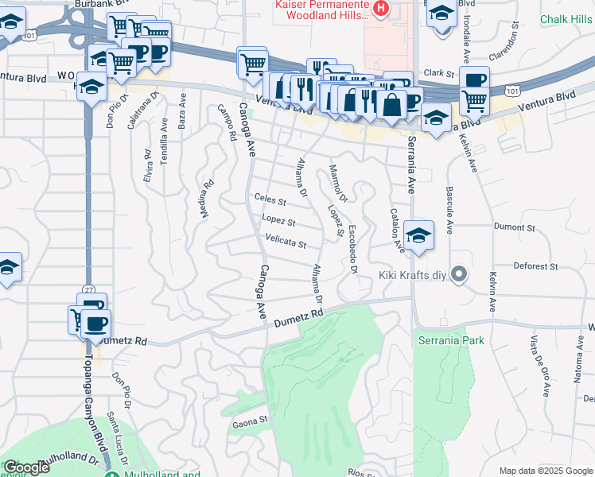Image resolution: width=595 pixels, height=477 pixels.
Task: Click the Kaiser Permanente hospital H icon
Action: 382,10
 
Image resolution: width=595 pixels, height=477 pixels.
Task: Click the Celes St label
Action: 270,198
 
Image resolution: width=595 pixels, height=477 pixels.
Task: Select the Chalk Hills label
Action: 565,19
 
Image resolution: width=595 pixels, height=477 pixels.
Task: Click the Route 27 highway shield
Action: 87,289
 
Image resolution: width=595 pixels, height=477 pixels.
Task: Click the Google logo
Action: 26,468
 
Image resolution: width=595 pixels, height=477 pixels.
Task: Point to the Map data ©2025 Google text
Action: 546,471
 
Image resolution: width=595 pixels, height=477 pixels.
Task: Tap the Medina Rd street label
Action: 208,193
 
